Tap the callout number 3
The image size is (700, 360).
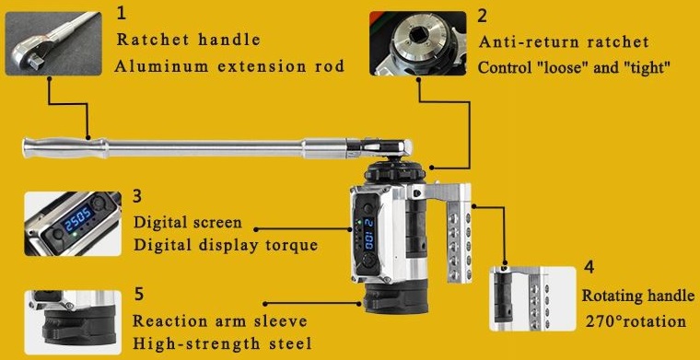(137, 196)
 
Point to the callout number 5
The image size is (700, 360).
(138, 294)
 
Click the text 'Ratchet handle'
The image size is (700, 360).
(188, 41)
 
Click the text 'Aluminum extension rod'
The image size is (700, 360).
(229, 66)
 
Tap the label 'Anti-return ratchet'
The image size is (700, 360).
(563, 42)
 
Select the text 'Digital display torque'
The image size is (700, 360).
(225, 245)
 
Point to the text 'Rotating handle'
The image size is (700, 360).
(637, 296)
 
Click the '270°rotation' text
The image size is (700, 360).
(636, 321)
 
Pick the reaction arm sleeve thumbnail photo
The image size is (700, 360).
(72, 321)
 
